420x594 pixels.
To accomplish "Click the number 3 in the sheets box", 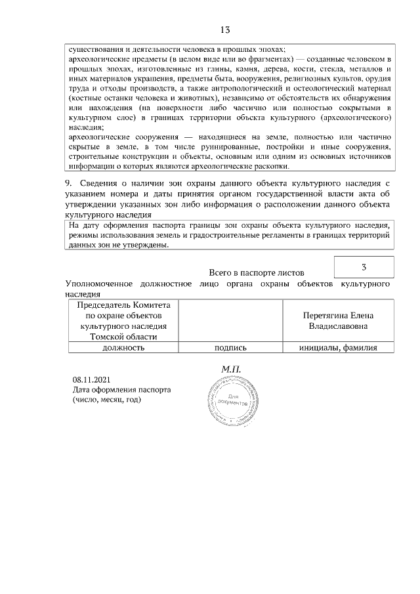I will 364,267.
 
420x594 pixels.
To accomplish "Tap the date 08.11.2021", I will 92,379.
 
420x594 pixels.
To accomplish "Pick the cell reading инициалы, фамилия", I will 338,348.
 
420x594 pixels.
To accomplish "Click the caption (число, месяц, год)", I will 106,399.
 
